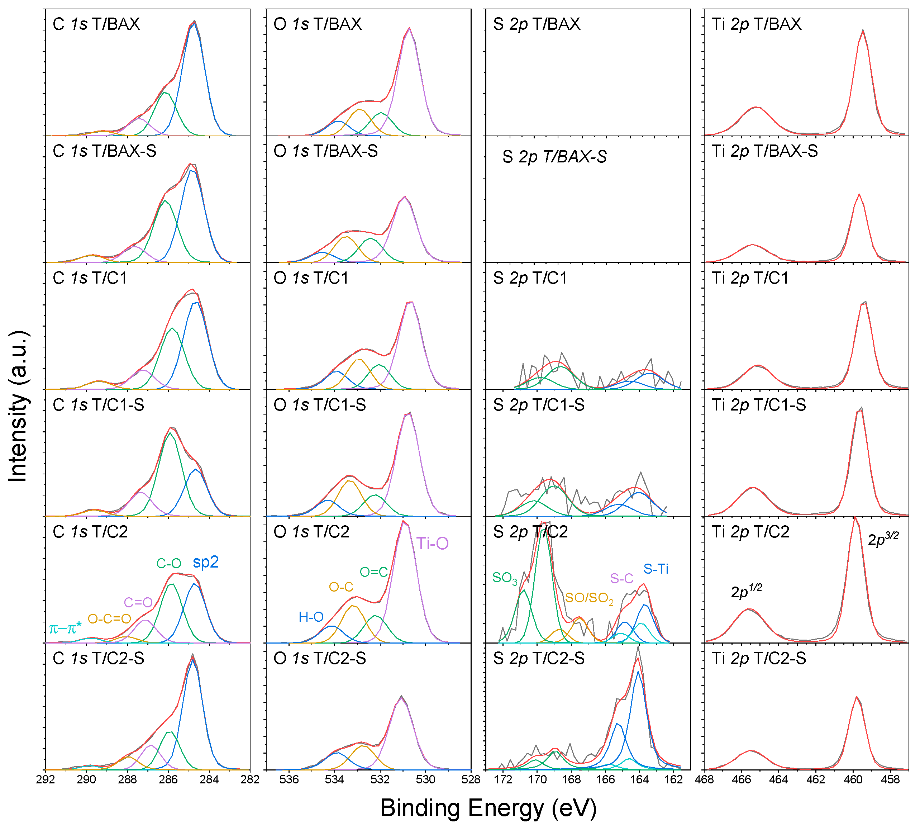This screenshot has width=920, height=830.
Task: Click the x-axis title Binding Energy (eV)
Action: pos(488,808)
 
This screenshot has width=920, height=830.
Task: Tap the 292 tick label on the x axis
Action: pos(45,779)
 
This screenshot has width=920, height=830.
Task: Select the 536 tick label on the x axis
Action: pos(289,779)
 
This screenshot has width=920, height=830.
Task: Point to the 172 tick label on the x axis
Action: pos(503,779)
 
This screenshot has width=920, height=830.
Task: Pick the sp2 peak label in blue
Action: pos(206,562)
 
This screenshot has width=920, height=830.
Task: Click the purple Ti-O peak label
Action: pos(432,543)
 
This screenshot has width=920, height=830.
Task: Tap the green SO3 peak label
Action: pos(505,578)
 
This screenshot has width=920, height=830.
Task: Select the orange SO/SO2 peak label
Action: pos(589,598)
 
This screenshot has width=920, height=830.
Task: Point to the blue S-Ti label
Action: pos(656,569)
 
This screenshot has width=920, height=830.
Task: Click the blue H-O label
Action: pos(311,617)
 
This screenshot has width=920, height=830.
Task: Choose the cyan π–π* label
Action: pos(65,629)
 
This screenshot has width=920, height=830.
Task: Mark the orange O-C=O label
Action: pos(109,619)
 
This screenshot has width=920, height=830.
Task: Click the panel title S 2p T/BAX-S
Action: pos(554,157)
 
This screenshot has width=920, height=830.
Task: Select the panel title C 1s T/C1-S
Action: pos(99,404)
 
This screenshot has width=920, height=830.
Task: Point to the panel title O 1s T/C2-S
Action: pos(320,658)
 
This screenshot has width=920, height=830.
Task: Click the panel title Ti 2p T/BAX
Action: pos(756,24)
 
